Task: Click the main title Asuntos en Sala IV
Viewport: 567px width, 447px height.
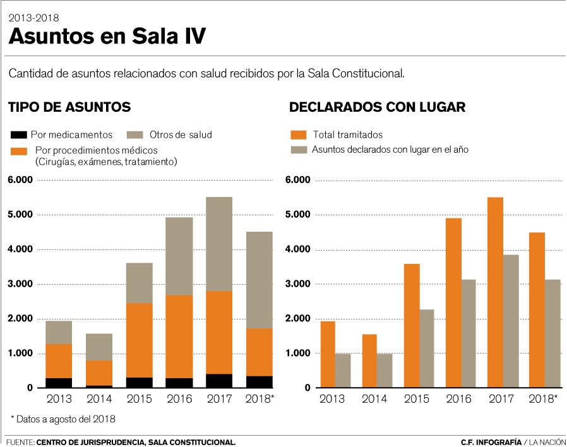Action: coord(107,37)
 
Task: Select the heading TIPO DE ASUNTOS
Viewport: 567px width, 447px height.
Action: coord(69,107)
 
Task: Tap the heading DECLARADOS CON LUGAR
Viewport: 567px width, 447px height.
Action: coord(377,107)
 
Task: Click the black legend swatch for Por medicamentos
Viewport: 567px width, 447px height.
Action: coord(18,134)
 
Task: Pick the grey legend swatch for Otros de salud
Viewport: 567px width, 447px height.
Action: coord(137,134)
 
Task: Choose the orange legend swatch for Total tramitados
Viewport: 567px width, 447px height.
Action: coord(298,134)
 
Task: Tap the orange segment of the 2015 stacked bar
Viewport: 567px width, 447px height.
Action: coord(139,340)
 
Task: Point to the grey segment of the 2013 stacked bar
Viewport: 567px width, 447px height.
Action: coord(59,332)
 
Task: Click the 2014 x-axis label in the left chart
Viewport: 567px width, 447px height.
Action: coord(99,400)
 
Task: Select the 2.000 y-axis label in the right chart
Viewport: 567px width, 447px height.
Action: coord(299,319)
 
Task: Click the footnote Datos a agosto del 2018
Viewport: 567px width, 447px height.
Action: coord(63,419)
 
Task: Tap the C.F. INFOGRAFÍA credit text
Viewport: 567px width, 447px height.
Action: coord(490,442)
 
